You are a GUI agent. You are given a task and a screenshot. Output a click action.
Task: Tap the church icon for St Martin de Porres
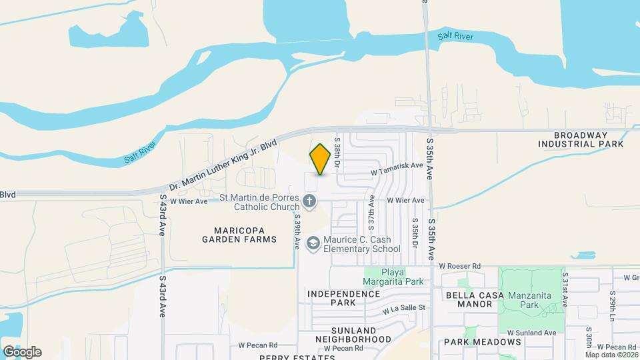[309, 201]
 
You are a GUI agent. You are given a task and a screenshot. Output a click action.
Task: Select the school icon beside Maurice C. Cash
[312, 244]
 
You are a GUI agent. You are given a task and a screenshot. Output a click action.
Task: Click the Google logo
[22, 352]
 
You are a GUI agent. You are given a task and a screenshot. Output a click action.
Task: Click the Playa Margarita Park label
[393, 277]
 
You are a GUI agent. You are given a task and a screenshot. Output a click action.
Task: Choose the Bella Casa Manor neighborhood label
[471, 299]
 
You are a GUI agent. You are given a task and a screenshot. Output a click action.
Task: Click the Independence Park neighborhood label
[343, 297]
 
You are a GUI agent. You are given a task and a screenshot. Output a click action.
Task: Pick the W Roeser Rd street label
[460, 266]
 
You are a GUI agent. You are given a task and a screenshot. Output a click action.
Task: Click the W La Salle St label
[403, 309]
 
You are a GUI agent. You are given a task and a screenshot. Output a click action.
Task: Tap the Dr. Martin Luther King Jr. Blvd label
[223, 165]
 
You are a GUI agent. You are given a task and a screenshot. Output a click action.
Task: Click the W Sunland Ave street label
[531, 333]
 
